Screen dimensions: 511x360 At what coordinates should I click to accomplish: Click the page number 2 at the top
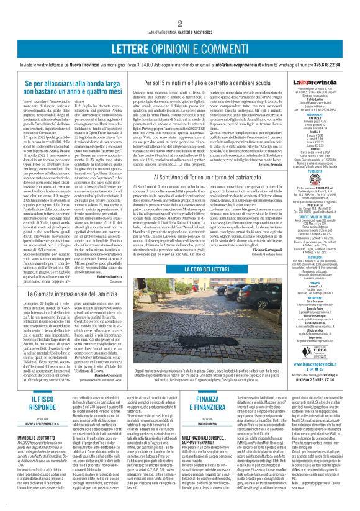tap(179, 6)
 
